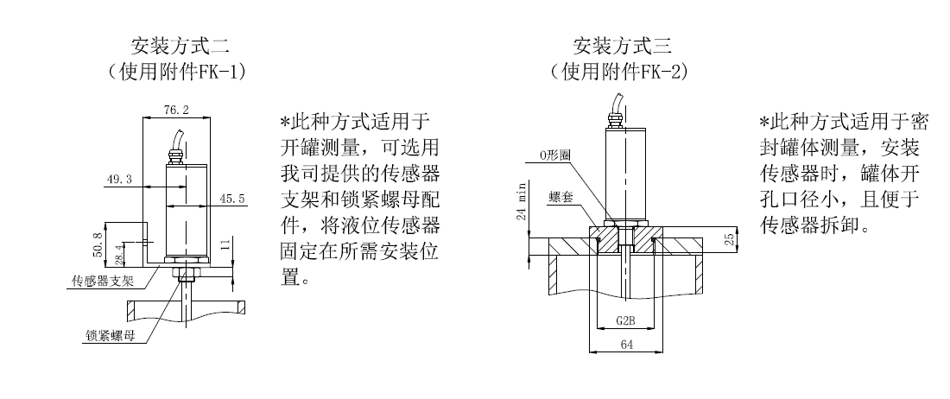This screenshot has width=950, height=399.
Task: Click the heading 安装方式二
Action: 180,46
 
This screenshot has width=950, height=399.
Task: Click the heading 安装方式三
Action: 623,46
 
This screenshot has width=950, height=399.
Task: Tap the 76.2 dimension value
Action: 176,110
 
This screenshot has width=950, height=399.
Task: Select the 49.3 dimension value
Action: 119,180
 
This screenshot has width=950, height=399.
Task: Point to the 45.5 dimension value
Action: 232,198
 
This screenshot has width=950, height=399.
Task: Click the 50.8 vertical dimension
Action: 98,244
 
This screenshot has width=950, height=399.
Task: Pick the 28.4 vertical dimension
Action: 119,254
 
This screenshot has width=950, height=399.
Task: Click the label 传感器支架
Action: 103,282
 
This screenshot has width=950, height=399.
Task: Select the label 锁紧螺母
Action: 110,336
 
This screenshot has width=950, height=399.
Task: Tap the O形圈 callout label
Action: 555,155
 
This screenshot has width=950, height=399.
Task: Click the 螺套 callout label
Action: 557,198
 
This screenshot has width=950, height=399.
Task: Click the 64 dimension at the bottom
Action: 626,345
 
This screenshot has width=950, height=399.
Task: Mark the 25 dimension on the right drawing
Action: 730,238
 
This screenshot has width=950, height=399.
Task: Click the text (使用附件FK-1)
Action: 177,72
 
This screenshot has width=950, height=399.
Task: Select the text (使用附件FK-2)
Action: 620,72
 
